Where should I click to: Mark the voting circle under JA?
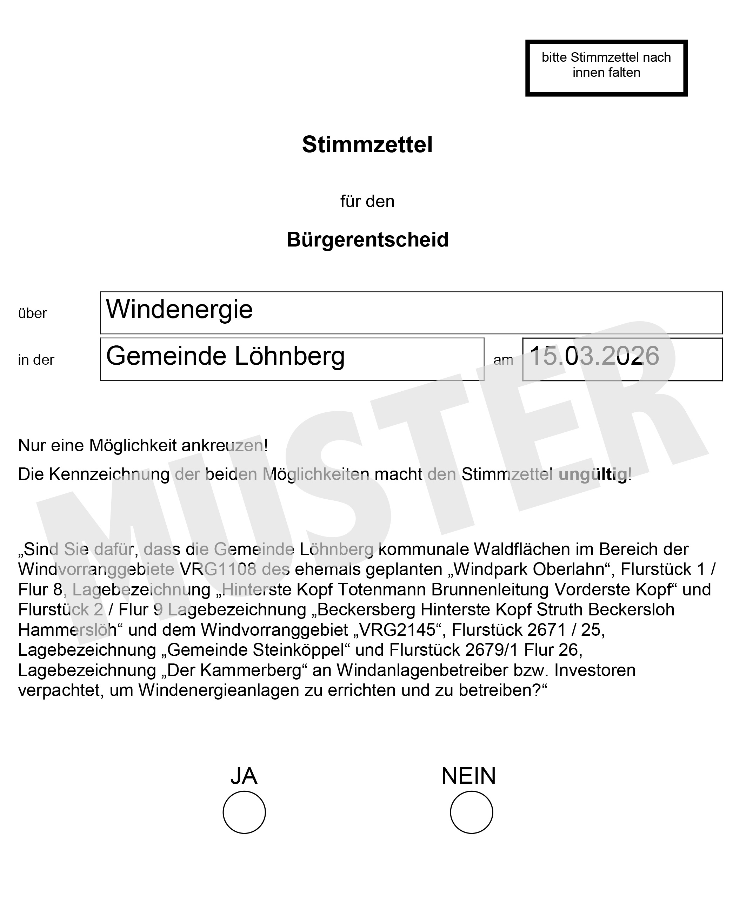(x=244, y=812)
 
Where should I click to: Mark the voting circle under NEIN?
(x=471, y=812)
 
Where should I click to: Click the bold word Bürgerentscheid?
(x=367, y=239)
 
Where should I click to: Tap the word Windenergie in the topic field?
(x=179, y=309)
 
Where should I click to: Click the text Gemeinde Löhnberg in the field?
(x=225, y=356)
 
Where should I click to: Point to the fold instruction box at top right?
(x=606, y=68)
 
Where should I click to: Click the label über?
(x=32, y=313)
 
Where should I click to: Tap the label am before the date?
(x=503, y=360)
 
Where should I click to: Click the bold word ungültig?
(x=593, y=475)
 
